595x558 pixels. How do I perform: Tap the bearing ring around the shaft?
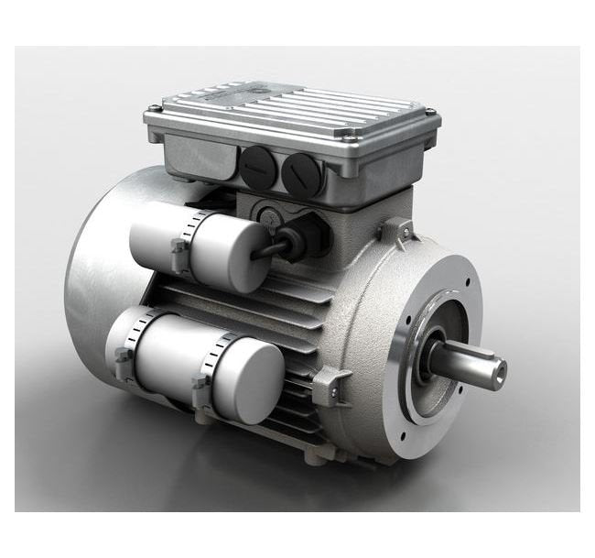(438, 354)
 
